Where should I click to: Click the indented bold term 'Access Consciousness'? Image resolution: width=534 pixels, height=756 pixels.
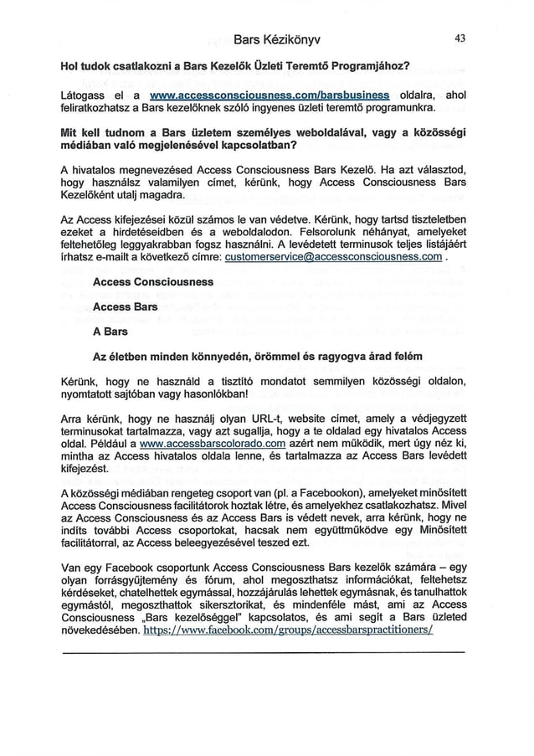(153, 282)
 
